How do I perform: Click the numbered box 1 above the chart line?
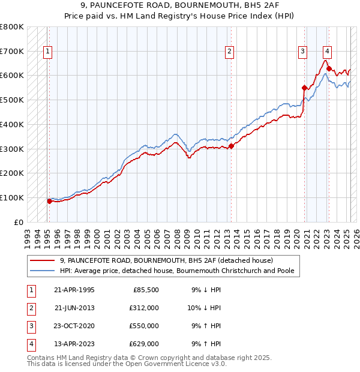[x=47, y=52]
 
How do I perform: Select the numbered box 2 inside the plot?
[x=229, y=52]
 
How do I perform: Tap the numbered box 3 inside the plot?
[x=303, y=52]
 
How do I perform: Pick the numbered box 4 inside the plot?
[x=327, y=52]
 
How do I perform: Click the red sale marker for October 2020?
[x=304, y=88]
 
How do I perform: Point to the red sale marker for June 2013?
[x=231, y=146]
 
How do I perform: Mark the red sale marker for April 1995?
[x=49, y=201]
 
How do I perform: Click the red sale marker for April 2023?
[x=329, y=68]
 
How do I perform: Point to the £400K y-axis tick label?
[x=12, y=124]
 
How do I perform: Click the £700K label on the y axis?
[x=12, y=51]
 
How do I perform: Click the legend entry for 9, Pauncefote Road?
[x=166, y=261]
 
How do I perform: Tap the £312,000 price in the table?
[x=144, y=308]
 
